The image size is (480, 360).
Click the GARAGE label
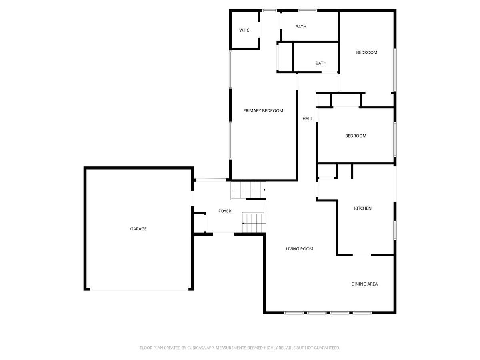tap(138, 229)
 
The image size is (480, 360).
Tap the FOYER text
tap(224, 211)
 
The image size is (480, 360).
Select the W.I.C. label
tap(244, 30)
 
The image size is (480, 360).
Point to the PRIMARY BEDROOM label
tap(263, 111)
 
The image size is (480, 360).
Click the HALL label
tap(307, 119)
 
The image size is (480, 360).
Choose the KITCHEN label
tap(362, 208)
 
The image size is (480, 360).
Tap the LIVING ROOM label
tap(299, 249)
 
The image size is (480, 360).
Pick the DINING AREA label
tap(364, 284)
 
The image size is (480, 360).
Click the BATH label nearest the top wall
tap(301, 27)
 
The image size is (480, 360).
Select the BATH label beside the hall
tap(321, 63)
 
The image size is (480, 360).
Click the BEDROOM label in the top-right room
tap(366, 52)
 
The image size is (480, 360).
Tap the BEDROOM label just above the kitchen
tap(356, 136)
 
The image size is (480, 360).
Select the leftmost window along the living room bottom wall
tap(294, 313)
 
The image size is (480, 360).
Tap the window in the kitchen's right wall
tap(395, 231)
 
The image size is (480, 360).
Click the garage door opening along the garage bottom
tap(139, 290)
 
